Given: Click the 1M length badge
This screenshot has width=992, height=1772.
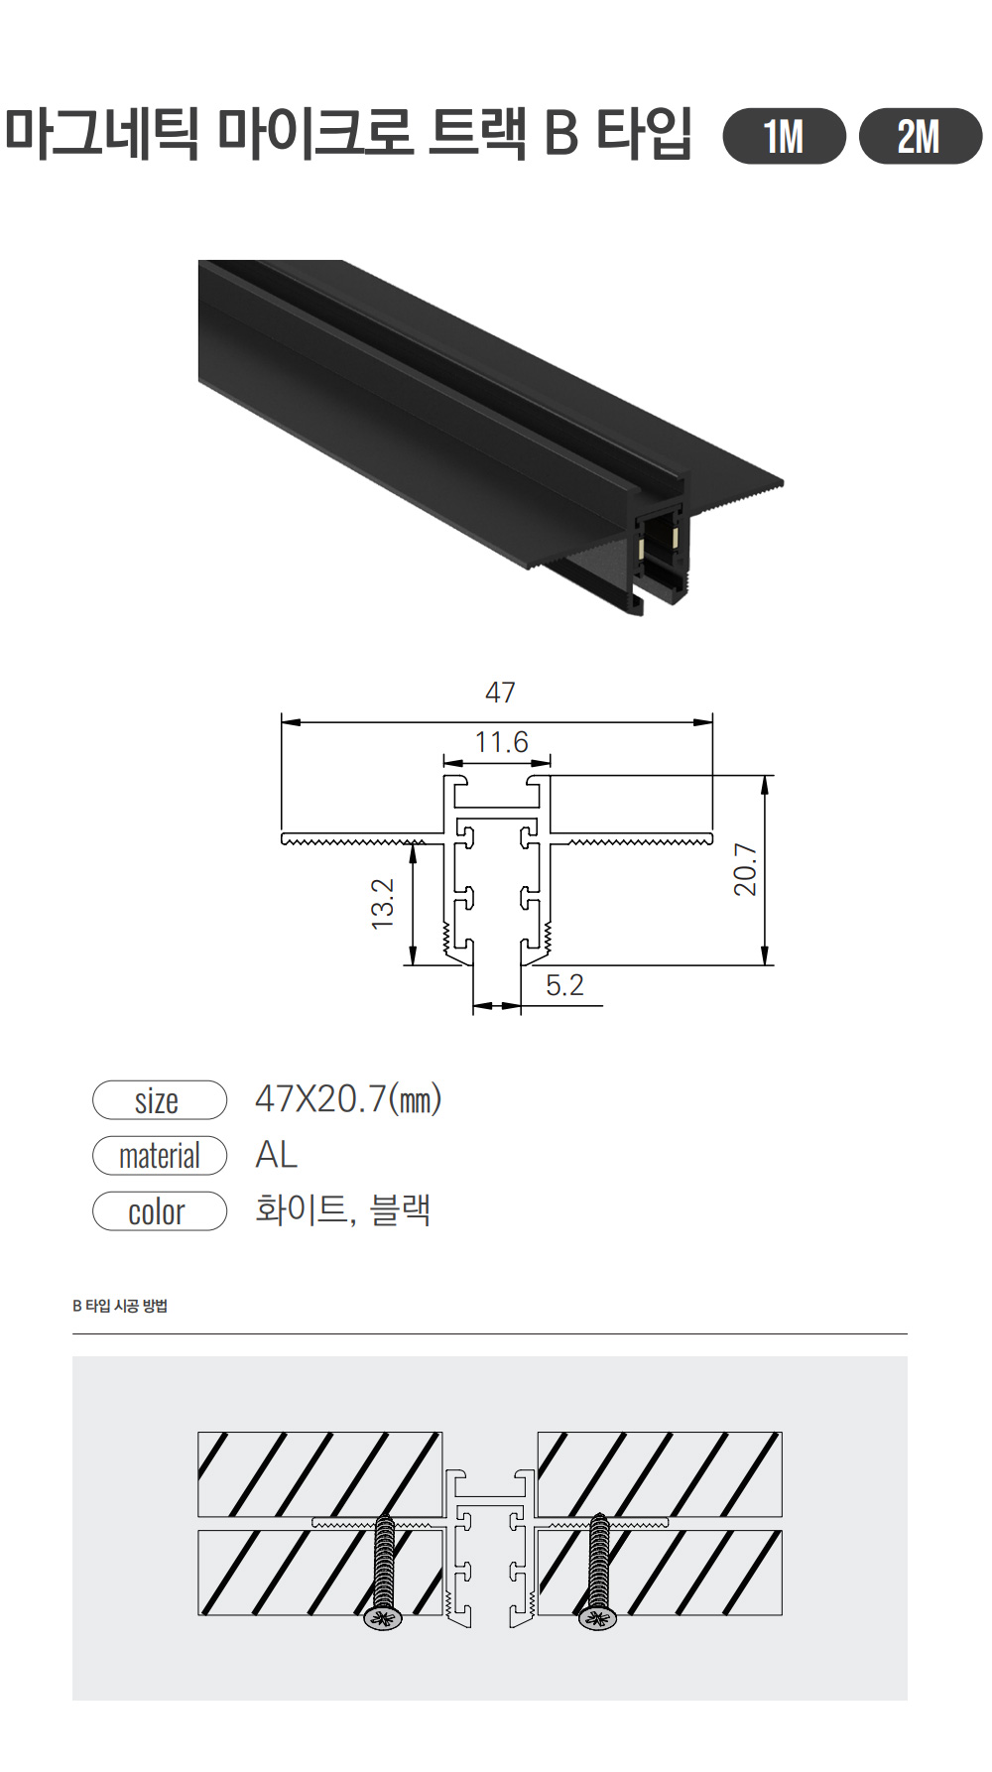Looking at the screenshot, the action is [784, 136].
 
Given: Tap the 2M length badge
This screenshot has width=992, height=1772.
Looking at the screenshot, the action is [920, 136].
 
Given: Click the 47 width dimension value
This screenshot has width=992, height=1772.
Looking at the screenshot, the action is [500, 693].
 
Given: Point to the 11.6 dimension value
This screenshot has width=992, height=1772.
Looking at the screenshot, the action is [501, 742].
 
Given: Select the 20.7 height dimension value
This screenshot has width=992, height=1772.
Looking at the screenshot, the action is [745, 870].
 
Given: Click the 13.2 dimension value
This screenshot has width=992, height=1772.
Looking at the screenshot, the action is [383, 903].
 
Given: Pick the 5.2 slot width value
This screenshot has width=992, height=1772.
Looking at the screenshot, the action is [564, 985].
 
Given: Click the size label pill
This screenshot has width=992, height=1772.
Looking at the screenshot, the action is [160, 1100].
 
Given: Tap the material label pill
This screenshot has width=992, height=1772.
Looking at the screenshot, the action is [160, 1156].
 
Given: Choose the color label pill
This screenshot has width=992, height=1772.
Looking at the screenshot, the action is [160, 1211].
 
